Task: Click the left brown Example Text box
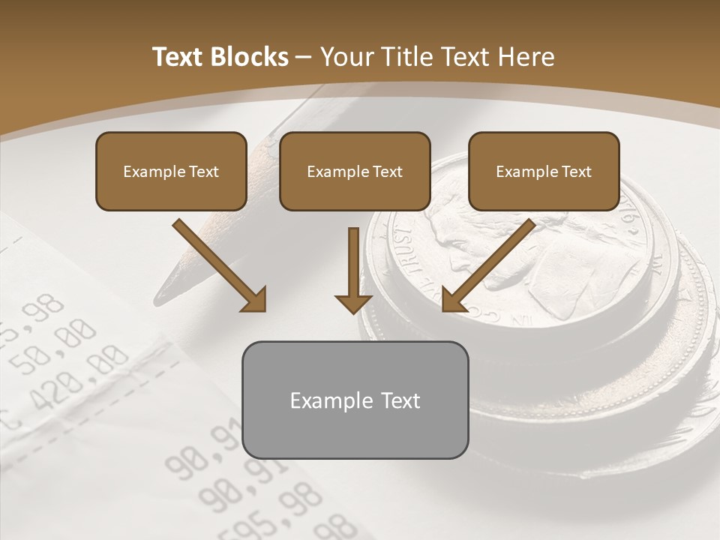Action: point(171,171)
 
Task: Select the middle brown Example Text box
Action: point(355,171)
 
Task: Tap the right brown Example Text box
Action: point(544,171)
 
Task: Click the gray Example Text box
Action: point(355,400)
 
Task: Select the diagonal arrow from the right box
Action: point(487,266)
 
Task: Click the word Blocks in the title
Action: point(251,57)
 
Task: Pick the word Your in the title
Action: point(346,57)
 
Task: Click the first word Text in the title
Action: point(177,57)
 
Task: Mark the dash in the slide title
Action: point(304,57)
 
